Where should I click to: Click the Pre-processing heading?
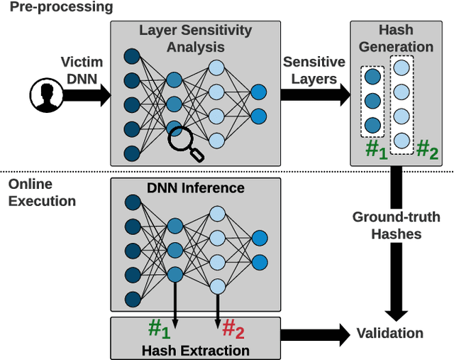(x=57, y=8)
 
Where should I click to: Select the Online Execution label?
(x=42, y=192)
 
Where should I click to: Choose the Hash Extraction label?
(x=195, y=350)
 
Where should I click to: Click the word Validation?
(x=389, y=333)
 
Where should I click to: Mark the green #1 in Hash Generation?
(x=375, y=151)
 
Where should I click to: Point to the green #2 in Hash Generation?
(x=427, y=151)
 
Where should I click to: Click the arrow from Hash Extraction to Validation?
(x=316, y=333)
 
